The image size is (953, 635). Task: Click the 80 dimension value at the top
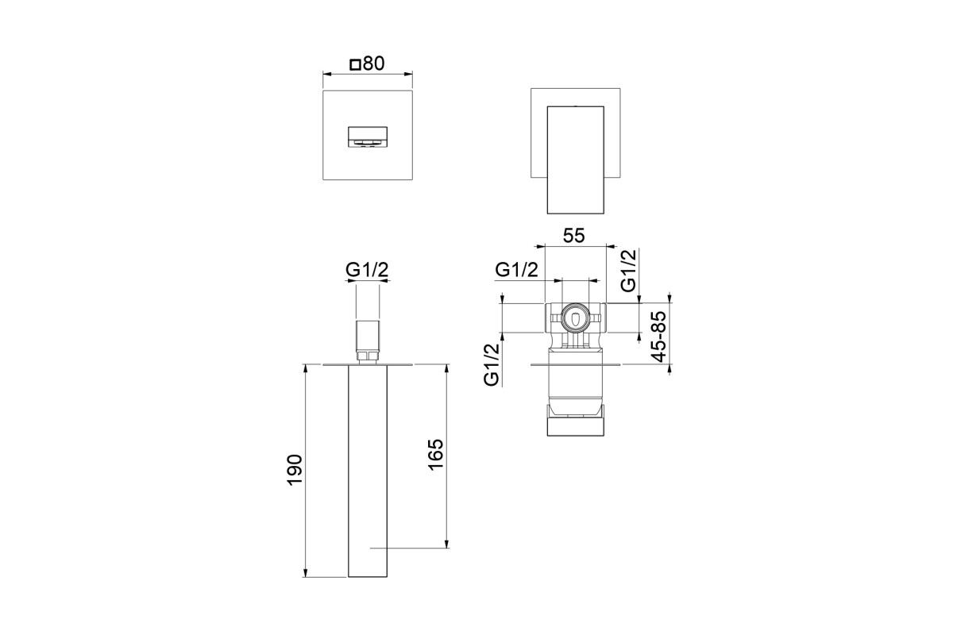[x=374, y=63]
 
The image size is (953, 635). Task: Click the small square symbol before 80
[x=355, y=65]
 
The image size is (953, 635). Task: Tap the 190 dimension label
[x=295, y=470]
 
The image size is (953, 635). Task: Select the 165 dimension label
[x=436, y=455]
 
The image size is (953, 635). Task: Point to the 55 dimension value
[x=574, y=236]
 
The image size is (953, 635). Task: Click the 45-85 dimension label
[x=659, y=337]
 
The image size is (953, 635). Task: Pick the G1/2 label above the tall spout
[x=367, y=270]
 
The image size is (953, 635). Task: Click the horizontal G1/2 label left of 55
[x=516, y=270]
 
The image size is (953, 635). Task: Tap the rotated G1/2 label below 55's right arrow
[x=629, y=271]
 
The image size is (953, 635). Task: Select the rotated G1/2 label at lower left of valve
[x=492, y=365]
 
